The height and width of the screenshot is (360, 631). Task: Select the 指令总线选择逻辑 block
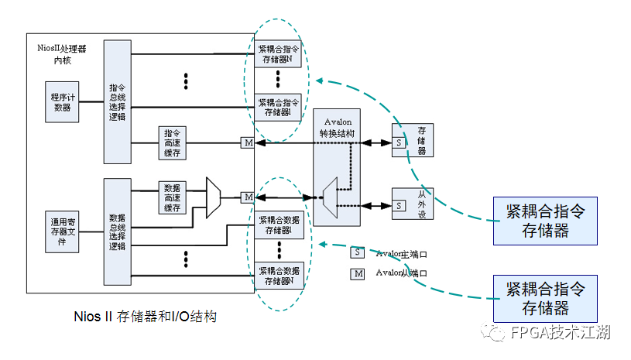118,101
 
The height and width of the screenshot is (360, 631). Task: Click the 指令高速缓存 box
172,143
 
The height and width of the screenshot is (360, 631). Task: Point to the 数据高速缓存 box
172,198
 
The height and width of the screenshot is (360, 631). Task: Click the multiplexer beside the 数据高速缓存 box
214,197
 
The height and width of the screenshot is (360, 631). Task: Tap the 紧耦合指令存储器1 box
279,107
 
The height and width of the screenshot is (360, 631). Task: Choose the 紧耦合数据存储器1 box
279,225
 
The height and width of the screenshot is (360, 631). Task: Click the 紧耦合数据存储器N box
279,276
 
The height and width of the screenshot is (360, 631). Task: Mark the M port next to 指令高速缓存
249,143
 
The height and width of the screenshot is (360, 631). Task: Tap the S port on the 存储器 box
399,143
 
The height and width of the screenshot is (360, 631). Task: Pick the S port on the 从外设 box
399,206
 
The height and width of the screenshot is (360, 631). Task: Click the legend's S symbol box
357,252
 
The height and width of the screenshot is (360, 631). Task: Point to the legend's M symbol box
357,273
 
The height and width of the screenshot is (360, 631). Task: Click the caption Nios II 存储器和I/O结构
145,317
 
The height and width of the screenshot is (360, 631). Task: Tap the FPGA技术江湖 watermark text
561,333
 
